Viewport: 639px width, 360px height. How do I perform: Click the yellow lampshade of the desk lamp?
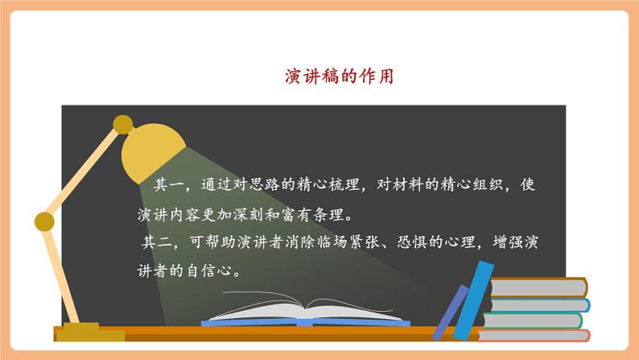(x=153, y=154)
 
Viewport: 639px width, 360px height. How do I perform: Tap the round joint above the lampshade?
(x=122, y=124)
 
